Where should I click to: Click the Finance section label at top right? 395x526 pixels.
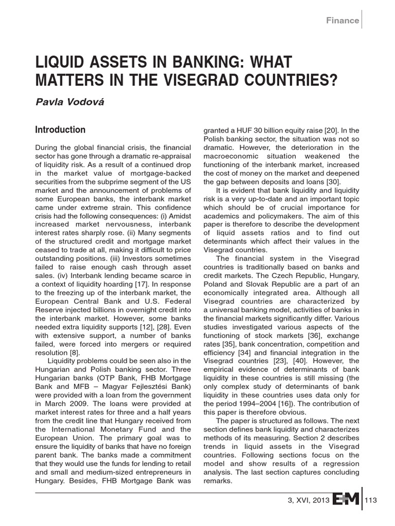point(342,21)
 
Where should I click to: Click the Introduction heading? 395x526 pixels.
point(60,129)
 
